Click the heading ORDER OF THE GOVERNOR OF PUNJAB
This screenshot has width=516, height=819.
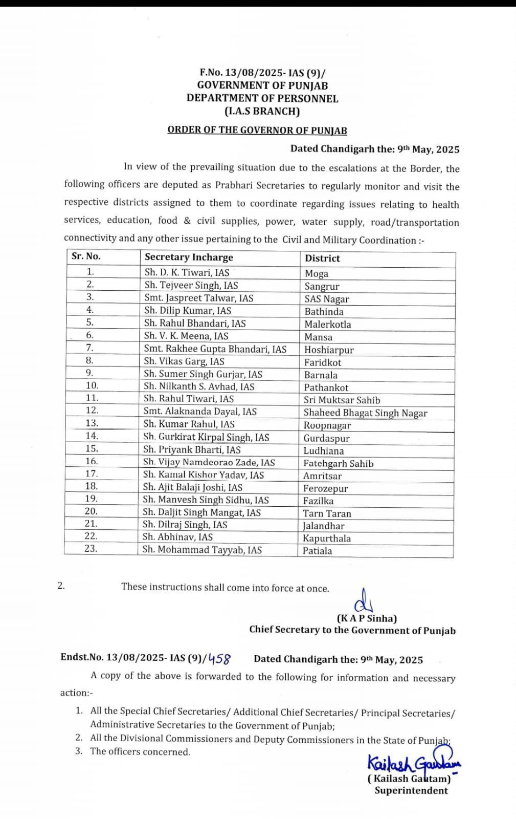pos(257,130)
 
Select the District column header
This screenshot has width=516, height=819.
pos(322,258)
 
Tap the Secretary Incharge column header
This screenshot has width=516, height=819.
pos(189,257)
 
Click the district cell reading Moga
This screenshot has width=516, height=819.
pos(317,274)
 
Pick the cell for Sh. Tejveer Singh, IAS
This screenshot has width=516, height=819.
pos(191,285)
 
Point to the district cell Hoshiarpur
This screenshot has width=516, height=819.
pos(329,350)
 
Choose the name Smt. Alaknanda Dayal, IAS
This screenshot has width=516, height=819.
pos(200,412)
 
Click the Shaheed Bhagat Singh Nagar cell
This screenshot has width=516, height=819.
pos(365,413)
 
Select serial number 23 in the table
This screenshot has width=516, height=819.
pos(91,549)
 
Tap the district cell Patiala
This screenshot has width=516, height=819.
pos(317,551)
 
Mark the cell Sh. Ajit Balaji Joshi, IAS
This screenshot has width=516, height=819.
pos(193,487)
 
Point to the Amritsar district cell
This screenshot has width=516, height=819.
pos(322,476)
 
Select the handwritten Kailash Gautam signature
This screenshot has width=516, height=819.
pos(413,764)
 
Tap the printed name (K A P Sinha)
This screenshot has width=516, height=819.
pos(366,618)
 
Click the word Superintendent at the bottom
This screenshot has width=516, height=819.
pos(411,791)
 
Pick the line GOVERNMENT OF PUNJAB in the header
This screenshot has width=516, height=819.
pos(262,85)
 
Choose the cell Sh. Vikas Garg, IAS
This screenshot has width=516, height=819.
pos(184,361)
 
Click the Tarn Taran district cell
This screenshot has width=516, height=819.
pos(327,513)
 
